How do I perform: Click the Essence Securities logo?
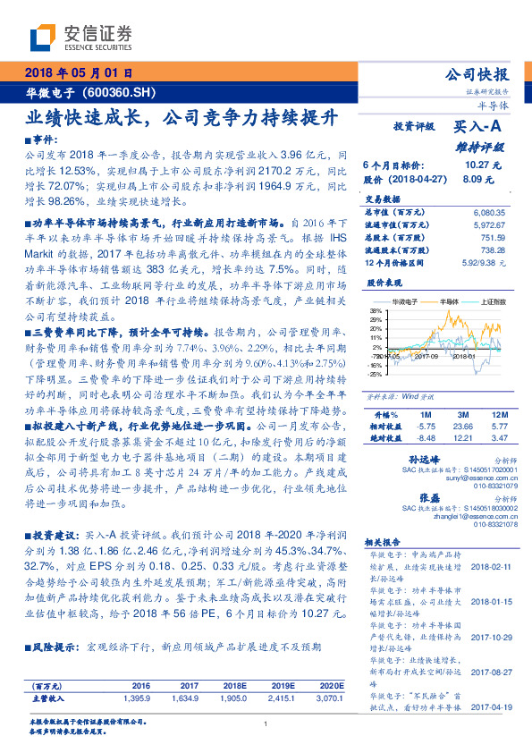pyautogui.click(x=81, y=36)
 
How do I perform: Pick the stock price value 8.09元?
pyautogui.click(x=478, y=179)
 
